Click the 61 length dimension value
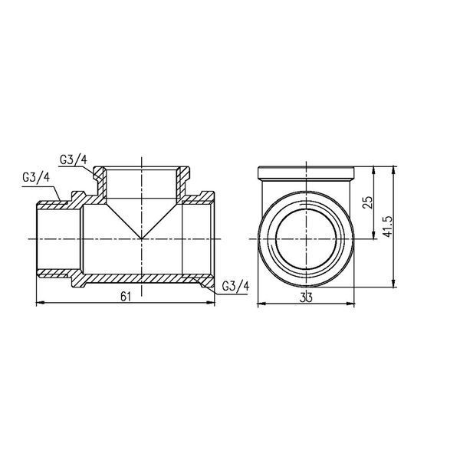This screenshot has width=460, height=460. (126, 297)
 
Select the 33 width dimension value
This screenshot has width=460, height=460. (306, 297)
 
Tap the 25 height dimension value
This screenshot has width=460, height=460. (368, 202)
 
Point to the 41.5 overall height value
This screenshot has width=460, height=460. (387, 227)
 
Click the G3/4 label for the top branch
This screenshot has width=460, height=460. (74, 160)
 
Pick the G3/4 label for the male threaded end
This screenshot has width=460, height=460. (36, 178)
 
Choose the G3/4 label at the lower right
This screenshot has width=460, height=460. (235, 286)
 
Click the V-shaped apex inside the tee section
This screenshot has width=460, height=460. (142, 238)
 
